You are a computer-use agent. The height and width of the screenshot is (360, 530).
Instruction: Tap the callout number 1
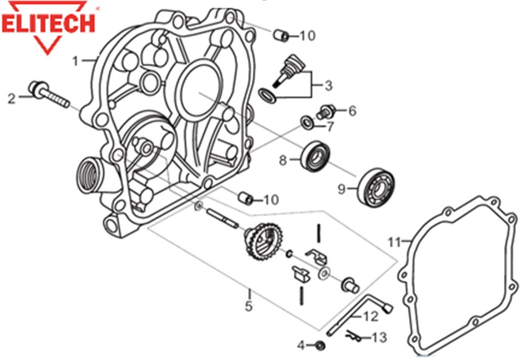76,61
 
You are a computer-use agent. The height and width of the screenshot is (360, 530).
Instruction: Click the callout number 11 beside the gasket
394,242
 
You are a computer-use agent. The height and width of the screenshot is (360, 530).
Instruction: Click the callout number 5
249,306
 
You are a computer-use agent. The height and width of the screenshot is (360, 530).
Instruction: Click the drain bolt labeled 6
326,112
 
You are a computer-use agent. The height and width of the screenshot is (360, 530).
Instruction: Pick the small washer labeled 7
307,122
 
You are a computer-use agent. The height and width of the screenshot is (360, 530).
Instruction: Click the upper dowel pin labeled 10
280,35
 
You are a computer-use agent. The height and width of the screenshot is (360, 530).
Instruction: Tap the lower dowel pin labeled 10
245,198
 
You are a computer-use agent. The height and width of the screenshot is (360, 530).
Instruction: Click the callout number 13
380,337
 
